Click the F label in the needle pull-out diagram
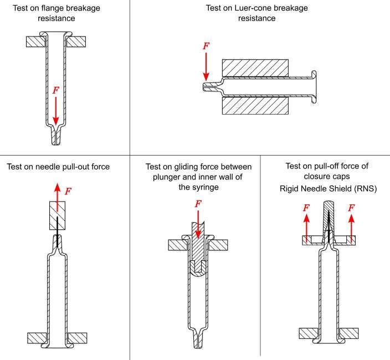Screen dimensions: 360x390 [68, 191]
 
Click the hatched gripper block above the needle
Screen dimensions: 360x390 [58, 213]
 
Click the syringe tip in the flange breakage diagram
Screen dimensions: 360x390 [56, 138]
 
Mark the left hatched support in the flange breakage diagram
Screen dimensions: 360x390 [35, 40]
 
